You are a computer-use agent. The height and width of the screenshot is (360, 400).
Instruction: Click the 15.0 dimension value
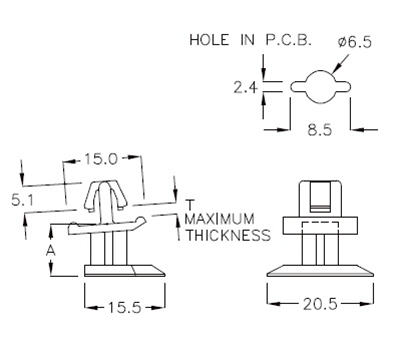coord(102,159)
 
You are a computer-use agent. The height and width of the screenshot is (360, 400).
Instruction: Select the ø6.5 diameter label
coord(355,41)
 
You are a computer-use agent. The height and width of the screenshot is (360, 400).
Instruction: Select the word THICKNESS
coord(227,236)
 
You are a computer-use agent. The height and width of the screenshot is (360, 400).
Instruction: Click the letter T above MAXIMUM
coord(188,204)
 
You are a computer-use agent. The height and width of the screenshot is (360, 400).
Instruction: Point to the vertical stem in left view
coord(112,245)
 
